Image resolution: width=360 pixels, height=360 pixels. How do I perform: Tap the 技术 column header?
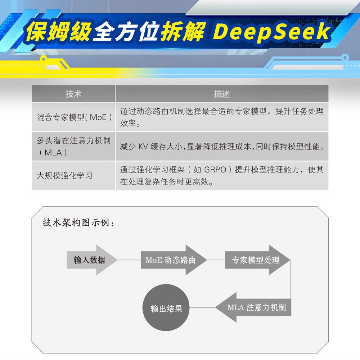[x=73, y=94]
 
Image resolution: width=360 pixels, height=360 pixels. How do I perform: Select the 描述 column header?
[x=221, y=94]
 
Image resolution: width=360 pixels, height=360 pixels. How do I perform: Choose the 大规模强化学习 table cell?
[x=65, y=176]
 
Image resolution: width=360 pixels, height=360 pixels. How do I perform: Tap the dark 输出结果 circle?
[x=166, y=309]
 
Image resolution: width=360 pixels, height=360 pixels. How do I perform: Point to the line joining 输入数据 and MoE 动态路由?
[x=129, y=260]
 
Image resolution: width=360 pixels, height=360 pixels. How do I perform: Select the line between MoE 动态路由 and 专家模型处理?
[x=216, y=260]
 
